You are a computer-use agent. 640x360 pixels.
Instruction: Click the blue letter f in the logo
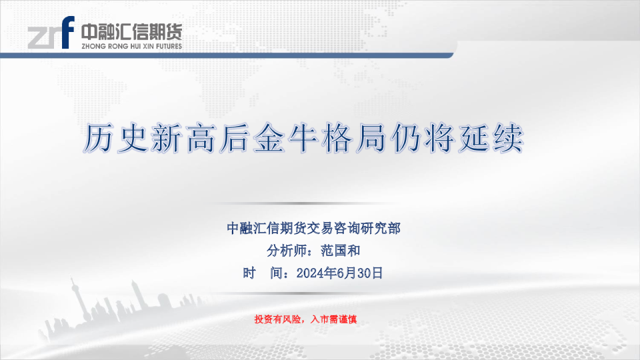click(x=68, y=32)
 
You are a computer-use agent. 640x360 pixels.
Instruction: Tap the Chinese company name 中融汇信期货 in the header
click(x=131, y=32)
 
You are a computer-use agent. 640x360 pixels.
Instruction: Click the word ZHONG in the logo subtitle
click(x=93, y=47)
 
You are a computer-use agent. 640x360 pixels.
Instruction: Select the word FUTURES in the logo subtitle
click(x=169, y=47)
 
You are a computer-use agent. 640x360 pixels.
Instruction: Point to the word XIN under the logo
click(x=148, y=47)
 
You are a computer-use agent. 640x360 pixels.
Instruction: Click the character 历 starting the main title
click(x=99, y=139)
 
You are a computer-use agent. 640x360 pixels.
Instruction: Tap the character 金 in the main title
click(x=269, y=139)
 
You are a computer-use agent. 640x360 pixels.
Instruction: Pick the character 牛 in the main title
click(x=303, y=139)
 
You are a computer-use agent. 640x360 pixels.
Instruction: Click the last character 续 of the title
click(x=508, y=139)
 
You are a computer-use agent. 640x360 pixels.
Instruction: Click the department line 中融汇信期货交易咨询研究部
click(x=313, y=228)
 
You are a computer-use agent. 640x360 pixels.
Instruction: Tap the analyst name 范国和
click(x=341, y=251)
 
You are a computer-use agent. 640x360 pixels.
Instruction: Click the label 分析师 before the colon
click(x=287, y=251)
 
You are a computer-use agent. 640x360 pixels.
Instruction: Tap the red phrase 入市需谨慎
click(x=334, y=319)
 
